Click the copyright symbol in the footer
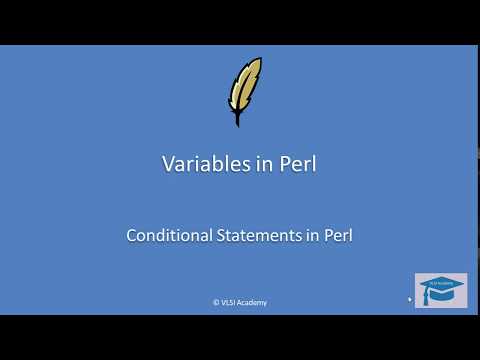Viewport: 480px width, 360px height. click(216, 302)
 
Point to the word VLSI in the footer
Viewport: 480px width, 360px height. click(228, 302)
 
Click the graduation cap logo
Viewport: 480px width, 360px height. click(440, 291)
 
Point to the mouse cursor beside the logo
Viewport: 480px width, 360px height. click(410, 298)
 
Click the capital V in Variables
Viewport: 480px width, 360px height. click(168, 165)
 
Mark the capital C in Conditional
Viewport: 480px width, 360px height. click(132, 236)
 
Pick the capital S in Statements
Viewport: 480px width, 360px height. click(221, 236)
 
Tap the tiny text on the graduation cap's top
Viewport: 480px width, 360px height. click(440, 283)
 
